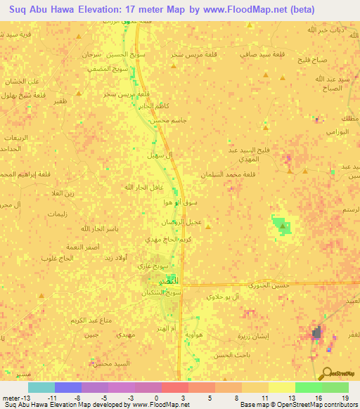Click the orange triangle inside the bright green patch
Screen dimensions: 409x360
(283, 226)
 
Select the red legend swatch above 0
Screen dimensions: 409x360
(174, 387)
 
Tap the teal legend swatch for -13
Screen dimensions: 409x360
(41, 387)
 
